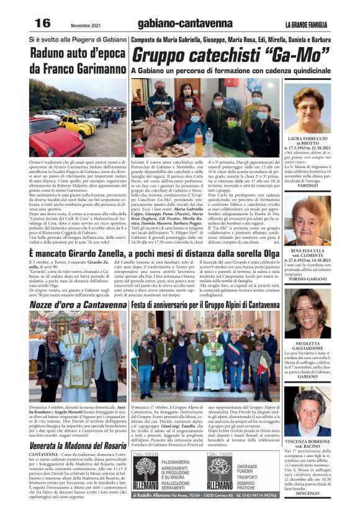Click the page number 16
(x=42, y=23)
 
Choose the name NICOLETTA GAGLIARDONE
(x=308, y=345)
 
